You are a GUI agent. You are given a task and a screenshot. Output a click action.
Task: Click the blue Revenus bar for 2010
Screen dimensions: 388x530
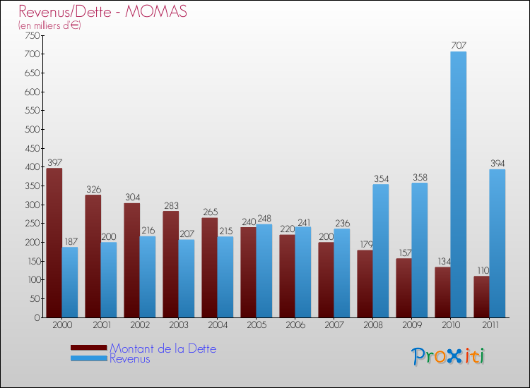[459, 185]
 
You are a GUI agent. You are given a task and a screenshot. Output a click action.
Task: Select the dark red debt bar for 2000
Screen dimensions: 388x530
[54, 243]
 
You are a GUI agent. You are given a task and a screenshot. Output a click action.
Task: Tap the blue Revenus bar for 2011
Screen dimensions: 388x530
[497, 243]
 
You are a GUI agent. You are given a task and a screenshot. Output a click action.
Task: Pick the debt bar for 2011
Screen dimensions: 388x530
[481, 296]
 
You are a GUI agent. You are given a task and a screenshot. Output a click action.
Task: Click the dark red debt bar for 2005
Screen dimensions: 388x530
[249, 272]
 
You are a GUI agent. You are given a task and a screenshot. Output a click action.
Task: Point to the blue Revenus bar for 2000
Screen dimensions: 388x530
[70, 282]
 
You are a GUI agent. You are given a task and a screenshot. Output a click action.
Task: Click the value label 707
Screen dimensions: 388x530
[459, 46]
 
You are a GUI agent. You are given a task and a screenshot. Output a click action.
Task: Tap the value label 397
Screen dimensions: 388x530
[54, 162]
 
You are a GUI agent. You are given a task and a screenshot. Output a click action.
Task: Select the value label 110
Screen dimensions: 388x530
[481, 270]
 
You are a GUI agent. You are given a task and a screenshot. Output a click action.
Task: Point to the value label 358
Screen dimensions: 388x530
[420, 177]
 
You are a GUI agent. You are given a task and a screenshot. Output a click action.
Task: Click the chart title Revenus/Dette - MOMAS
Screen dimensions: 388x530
[103, 12]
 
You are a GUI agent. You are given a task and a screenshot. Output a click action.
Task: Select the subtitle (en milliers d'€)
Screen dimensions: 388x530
[49, 25]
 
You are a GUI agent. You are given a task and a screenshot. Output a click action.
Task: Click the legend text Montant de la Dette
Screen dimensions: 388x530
[163, 348]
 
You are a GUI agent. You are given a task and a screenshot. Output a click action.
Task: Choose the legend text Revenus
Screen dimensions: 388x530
[130, 359]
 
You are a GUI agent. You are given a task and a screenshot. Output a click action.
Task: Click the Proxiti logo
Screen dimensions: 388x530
[448, 356]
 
